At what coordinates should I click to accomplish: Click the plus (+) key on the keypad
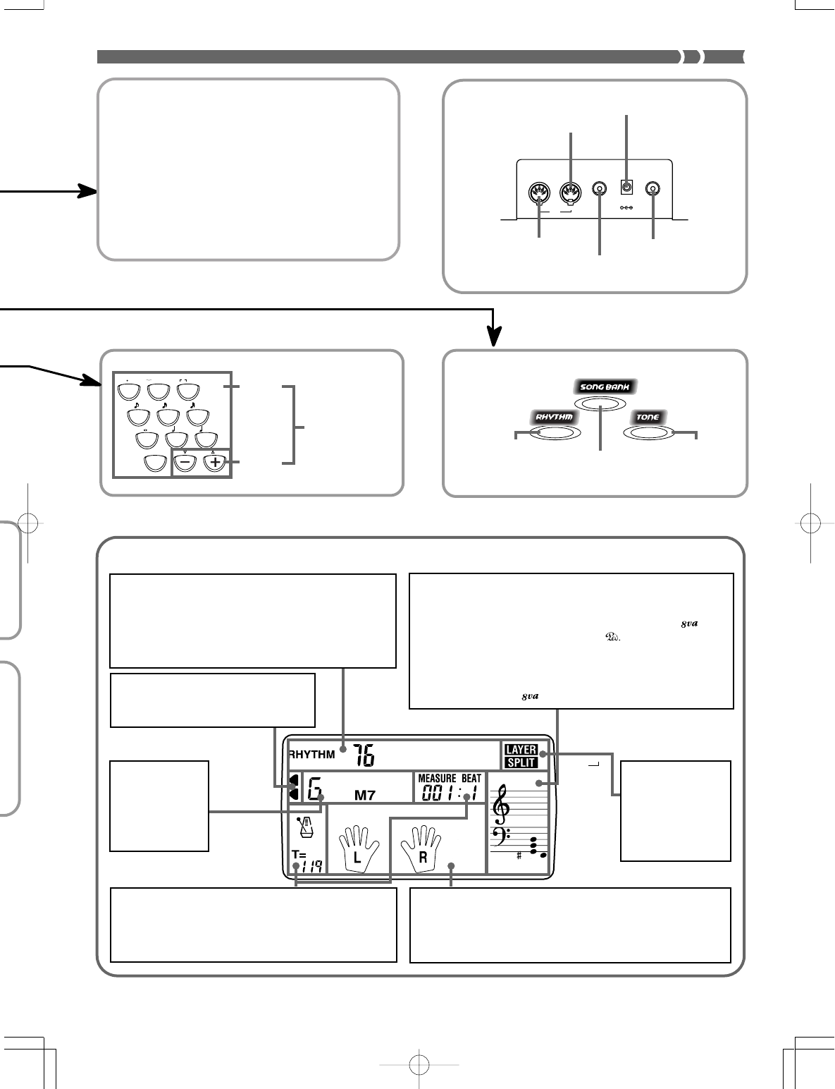click(215, 463)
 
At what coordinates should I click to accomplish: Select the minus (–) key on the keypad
click(185, 463)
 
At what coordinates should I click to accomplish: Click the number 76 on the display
click(364, 755)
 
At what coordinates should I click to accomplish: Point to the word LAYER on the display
click(521, 750)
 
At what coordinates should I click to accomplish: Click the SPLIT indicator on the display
click(521, 762)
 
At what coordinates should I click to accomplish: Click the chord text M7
click(364, 796)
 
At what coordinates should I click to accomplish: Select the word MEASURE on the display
click(438, 779)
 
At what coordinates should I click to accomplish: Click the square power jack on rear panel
click(626, 188)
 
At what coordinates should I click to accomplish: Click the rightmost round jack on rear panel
click(654, 189)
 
